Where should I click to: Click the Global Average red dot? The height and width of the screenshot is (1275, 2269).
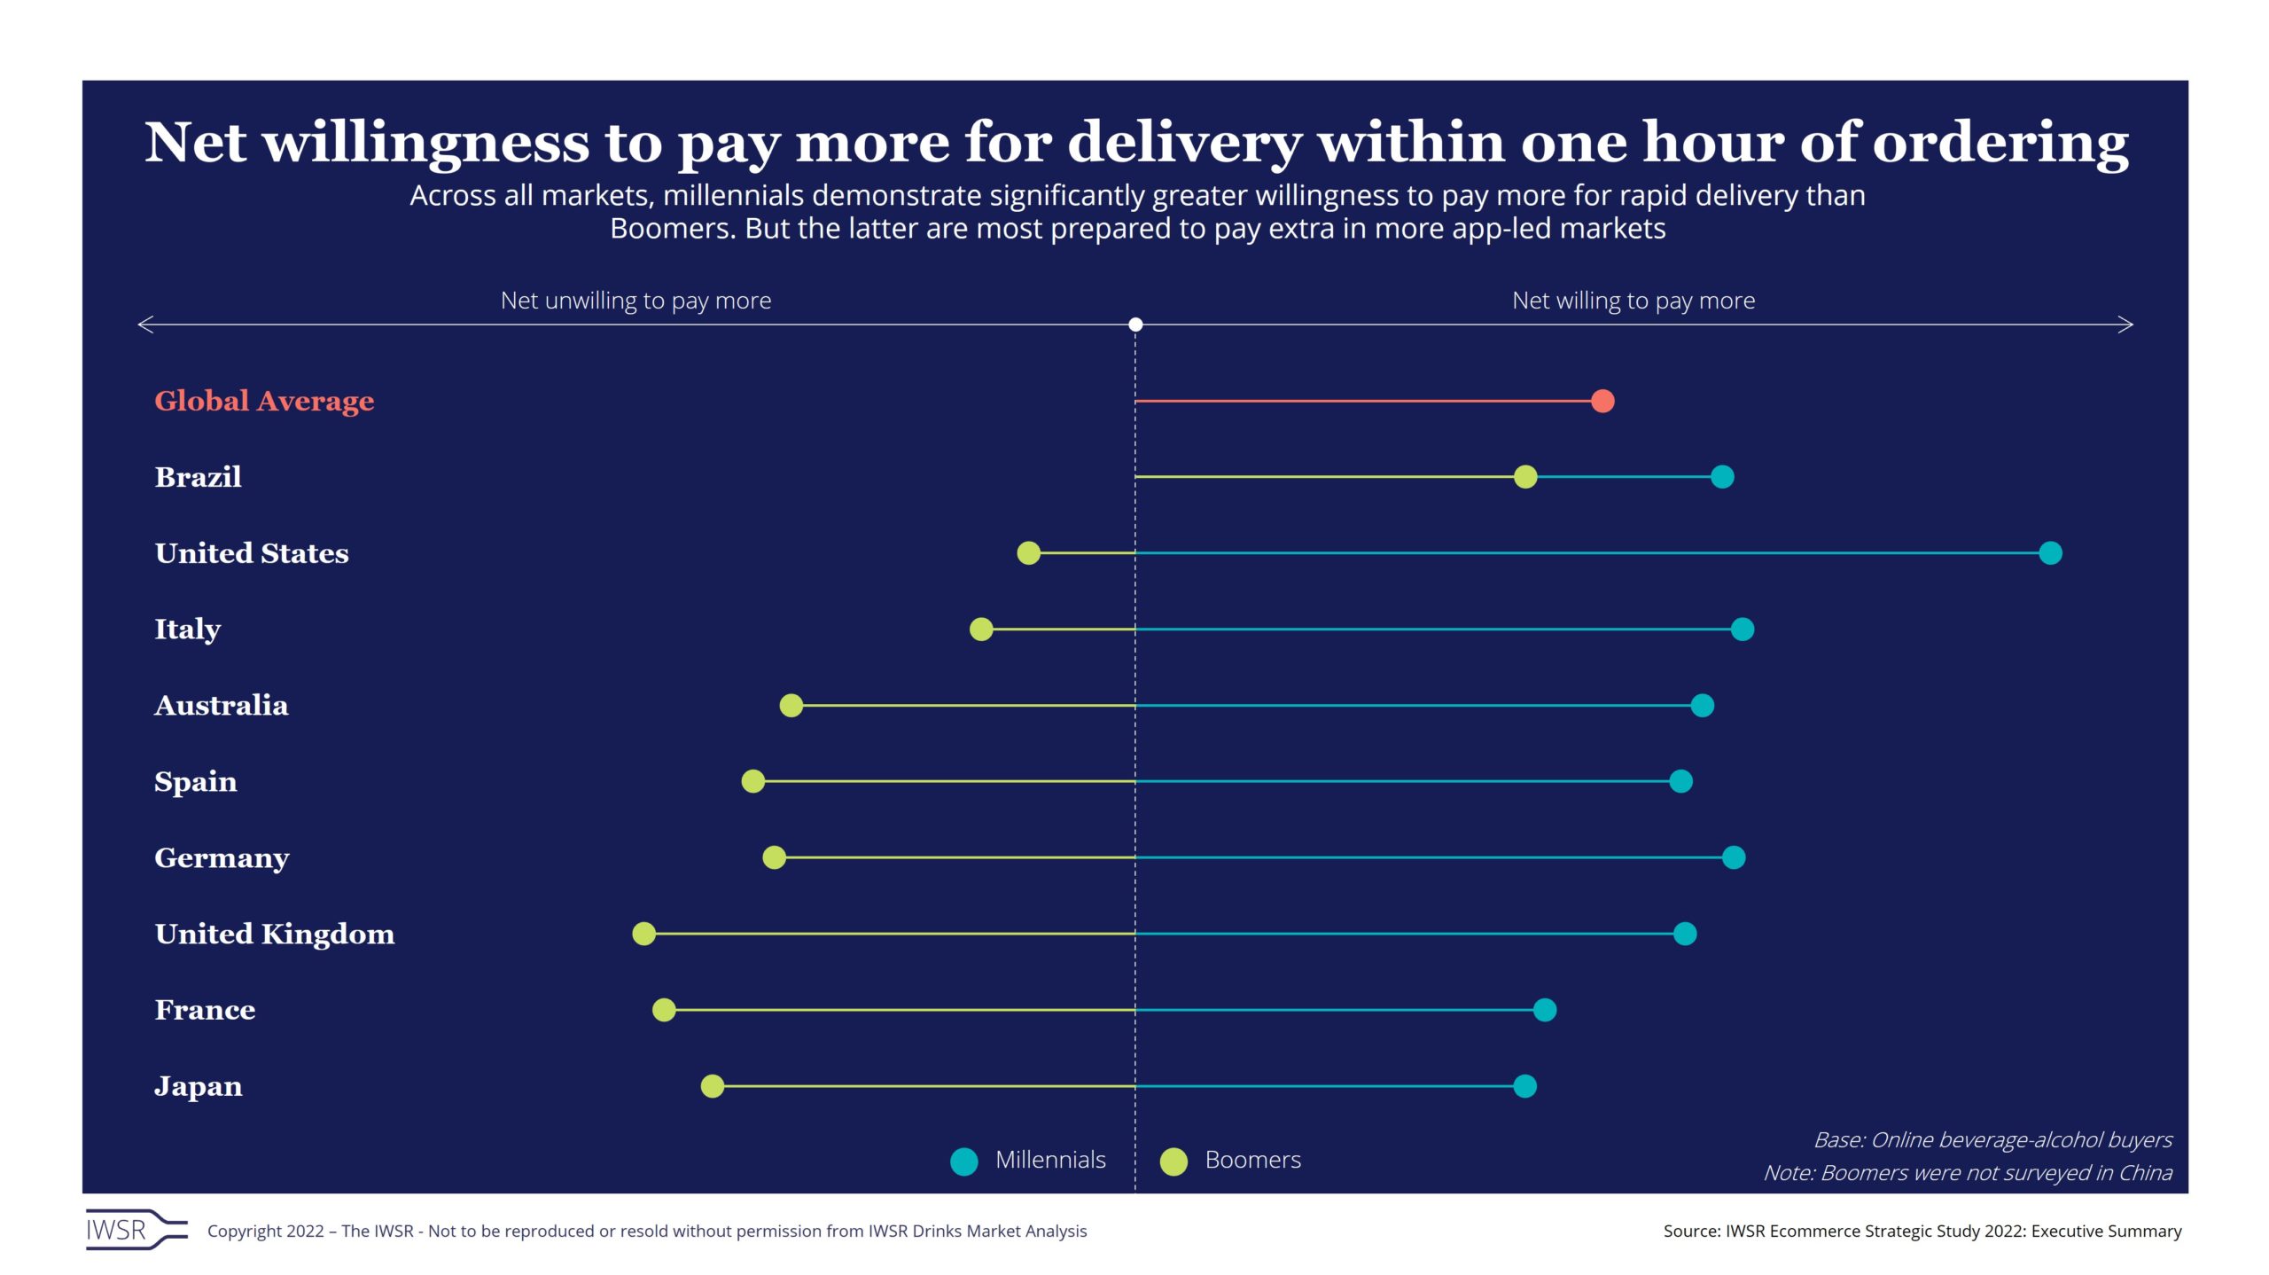(x=1602, y=401)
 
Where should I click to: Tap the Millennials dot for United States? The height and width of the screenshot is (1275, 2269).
(x=2049, y=553)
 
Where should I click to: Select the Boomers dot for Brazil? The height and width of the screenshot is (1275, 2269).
(x=1524, y=477)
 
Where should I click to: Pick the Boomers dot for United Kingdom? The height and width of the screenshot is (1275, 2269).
(x=643, y=934)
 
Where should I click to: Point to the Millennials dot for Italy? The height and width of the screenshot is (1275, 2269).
(x=1742, y=630)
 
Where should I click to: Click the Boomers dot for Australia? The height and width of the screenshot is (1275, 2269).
(x=791, y=706)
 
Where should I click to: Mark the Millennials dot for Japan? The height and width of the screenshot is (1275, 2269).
(x=1524, y=1086)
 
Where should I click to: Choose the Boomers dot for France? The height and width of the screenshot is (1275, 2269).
(x=663, y=1010)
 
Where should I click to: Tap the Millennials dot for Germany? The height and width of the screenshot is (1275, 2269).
(x=1733, y=857)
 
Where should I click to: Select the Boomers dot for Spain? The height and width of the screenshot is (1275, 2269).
(x=752, y=781)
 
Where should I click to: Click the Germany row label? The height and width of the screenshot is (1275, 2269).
(x=222, y=858)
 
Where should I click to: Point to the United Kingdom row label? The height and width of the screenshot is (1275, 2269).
(x=274, y=935)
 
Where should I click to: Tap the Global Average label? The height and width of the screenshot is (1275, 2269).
(x=264, y=401)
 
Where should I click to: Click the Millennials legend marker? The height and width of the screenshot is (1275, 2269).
(x=963, y=1162)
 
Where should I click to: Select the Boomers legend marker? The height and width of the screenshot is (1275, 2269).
(x=1173, y=1162)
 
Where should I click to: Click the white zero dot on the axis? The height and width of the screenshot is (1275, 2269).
(x=1135, y=325)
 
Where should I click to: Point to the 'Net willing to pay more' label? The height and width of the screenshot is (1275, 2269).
(x=1633, y=301)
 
